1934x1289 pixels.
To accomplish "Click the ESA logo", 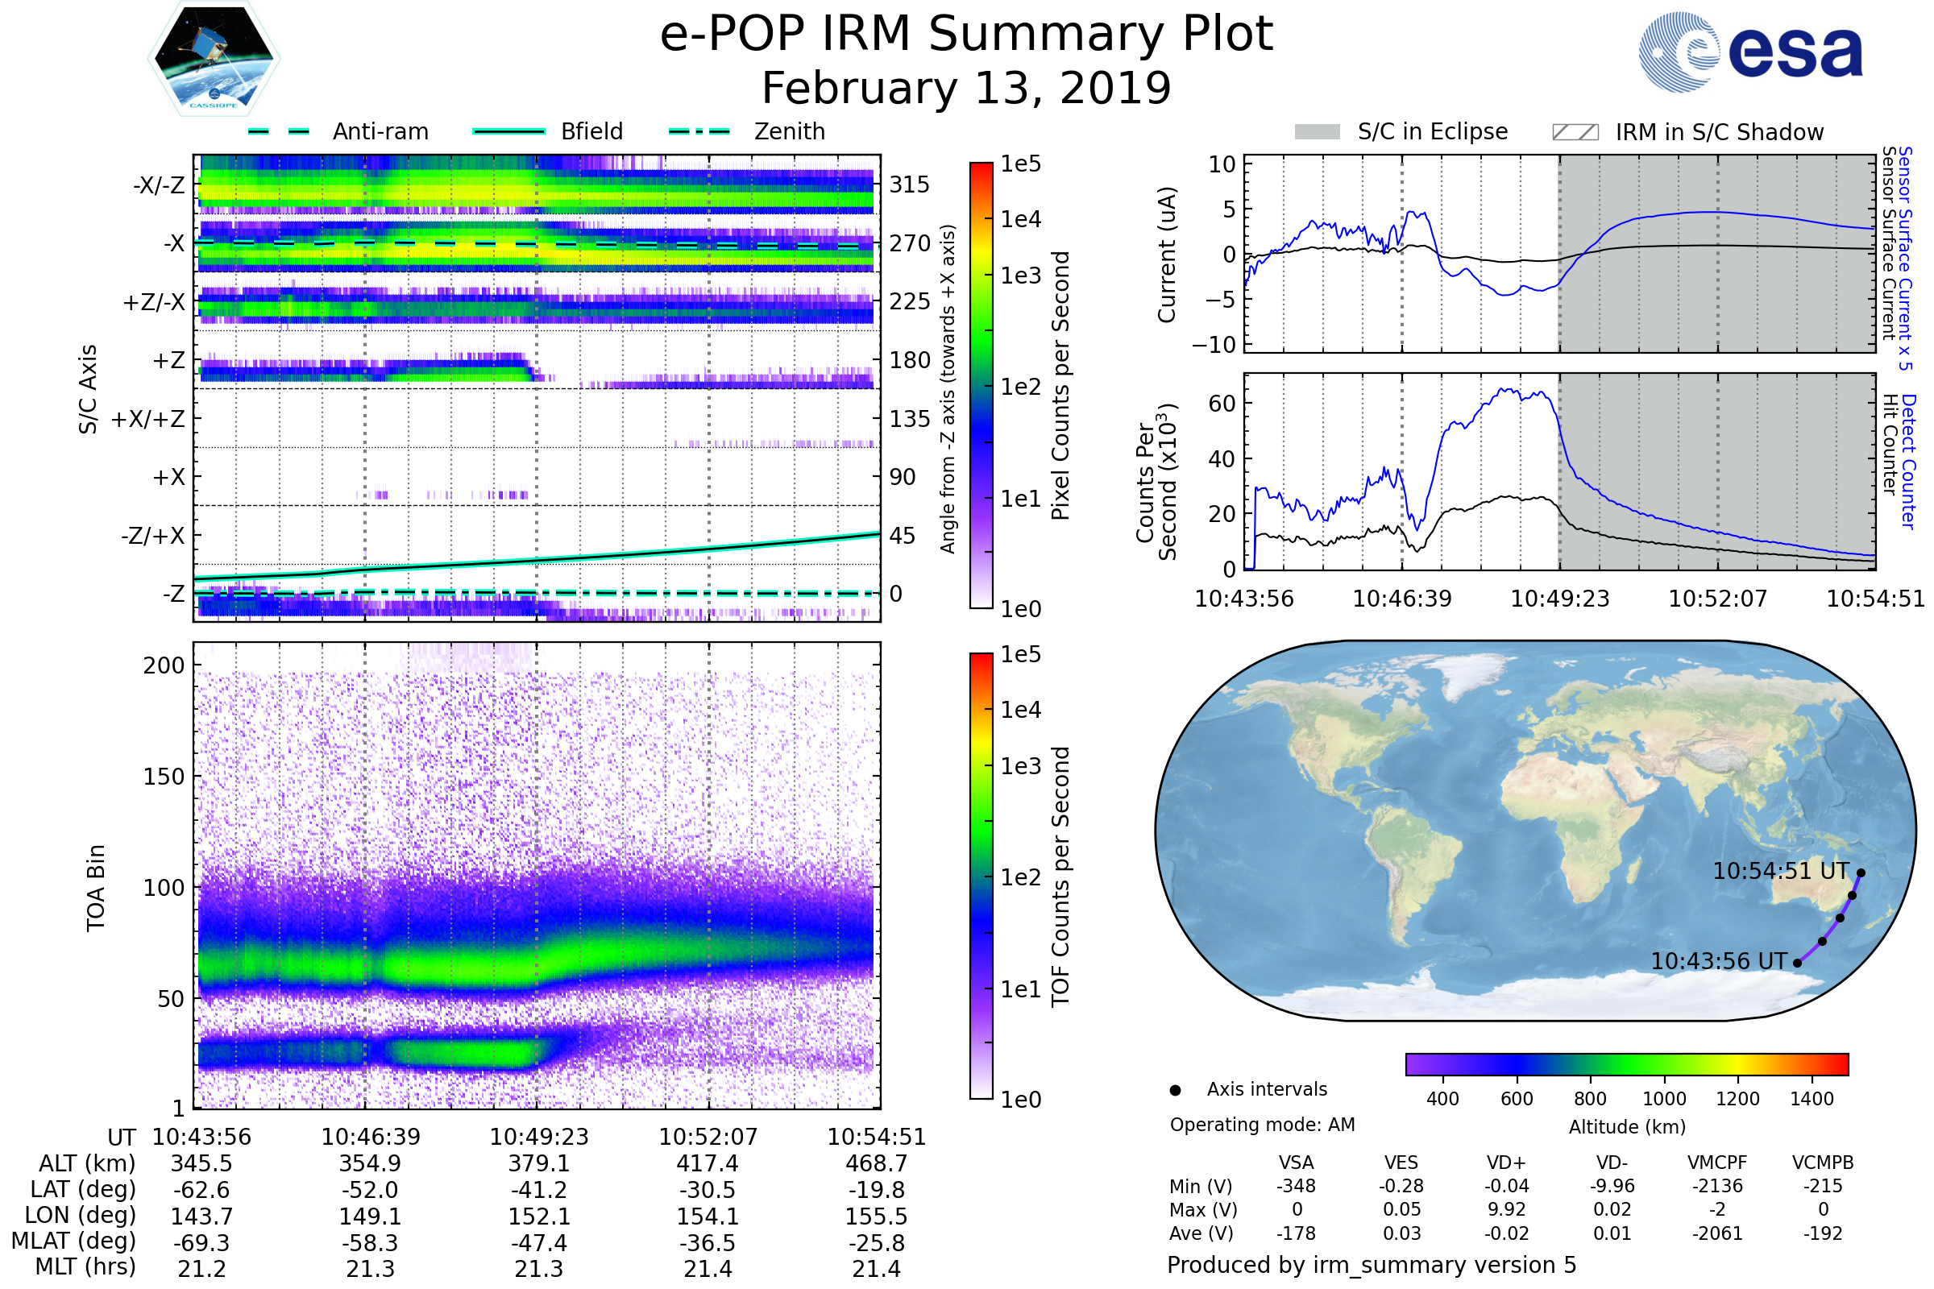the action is tap(1750, 52).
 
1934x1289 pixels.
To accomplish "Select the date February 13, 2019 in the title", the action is tap(966, 88).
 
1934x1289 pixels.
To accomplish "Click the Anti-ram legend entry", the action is tap(338, 131).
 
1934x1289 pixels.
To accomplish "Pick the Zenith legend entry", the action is tap(747, 131).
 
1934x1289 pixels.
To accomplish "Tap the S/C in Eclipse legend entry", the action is tap(1401, 131).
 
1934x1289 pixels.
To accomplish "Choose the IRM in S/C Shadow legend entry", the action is tap(1688, 131).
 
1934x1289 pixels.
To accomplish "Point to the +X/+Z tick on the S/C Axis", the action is tap(148, 419).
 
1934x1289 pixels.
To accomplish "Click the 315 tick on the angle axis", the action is tap(910, 184).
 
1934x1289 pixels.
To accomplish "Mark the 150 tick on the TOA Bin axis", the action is tap(164, 777).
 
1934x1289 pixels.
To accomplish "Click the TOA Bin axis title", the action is tap(95, 888).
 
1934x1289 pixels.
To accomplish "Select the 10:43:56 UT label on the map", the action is tap(1719, 961).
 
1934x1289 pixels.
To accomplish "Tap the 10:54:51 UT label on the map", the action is tap(1781, 871).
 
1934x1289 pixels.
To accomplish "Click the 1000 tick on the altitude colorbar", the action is tap(1664, 1099).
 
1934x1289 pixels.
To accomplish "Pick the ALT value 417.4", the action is tap(708, 1163).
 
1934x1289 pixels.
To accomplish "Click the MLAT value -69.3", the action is tap(201, 1242).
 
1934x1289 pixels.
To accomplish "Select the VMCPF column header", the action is tap(1717, 1163).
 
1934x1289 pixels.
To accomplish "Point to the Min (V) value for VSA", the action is tap(1296, 1186).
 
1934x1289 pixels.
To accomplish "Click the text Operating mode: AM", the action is tap(1262, 1125).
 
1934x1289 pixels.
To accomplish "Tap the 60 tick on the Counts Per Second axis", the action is tap(1222, 404).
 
